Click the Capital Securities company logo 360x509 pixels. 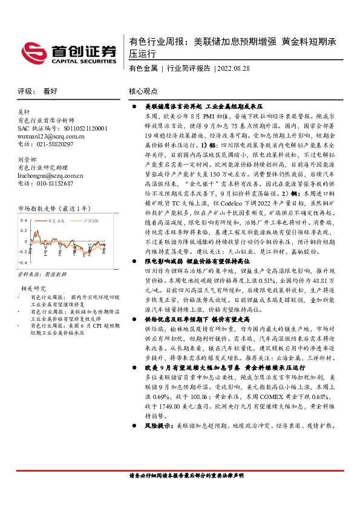click(67, 52)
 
